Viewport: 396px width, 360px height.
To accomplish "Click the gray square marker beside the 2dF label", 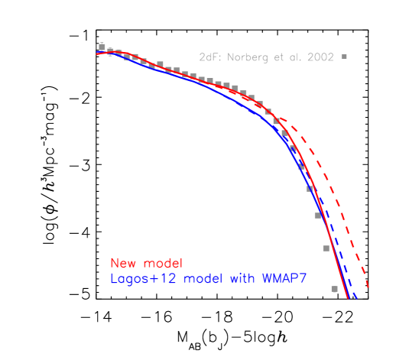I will click(x=344, y=57).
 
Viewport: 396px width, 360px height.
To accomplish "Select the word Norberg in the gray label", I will click(x=247, y=57).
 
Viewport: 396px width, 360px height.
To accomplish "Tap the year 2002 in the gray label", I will click(x=321, y=57).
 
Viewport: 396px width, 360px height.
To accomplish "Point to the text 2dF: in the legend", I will click(x=209, y=57).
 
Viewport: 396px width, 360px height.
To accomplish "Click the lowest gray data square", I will click(x=334, y=289).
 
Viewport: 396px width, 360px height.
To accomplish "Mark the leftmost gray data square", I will click(x=102, y=47).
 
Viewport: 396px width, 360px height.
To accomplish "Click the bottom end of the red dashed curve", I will click(x=368, y=289).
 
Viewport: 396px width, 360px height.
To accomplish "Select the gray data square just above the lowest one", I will click(x=326, y=248).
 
